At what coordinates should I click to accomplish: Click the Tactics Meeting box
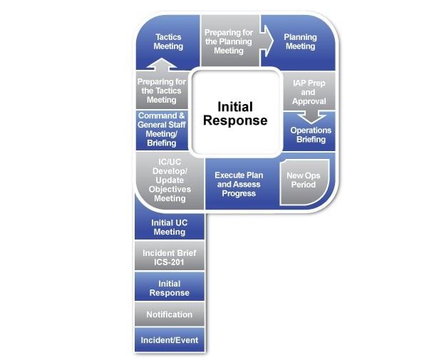(168, 42)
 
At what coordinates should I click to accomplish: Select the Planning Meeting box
(300, 42)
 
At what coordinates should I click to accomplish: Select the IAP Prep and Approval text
(309, 92)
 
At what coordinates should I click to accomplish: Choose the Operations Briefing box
(310, 135)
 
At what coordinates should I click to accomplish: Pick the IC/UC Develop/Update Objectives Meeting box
(170, 180)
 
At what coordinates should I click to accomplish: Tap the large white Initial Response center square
(235, 113)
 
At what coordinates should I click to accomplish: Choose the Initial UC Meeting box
(170, 227)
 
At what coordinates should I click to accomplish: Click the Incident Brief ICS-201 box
(170, 257)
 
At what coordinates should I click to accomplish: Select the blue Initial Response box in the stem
(170, 287)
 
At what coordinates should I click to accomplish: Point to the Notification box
(170, 314)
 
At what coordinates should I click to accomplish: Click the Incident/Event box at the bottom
(170, 340)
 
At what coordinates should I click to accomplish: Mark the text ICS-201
(170, 262)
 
